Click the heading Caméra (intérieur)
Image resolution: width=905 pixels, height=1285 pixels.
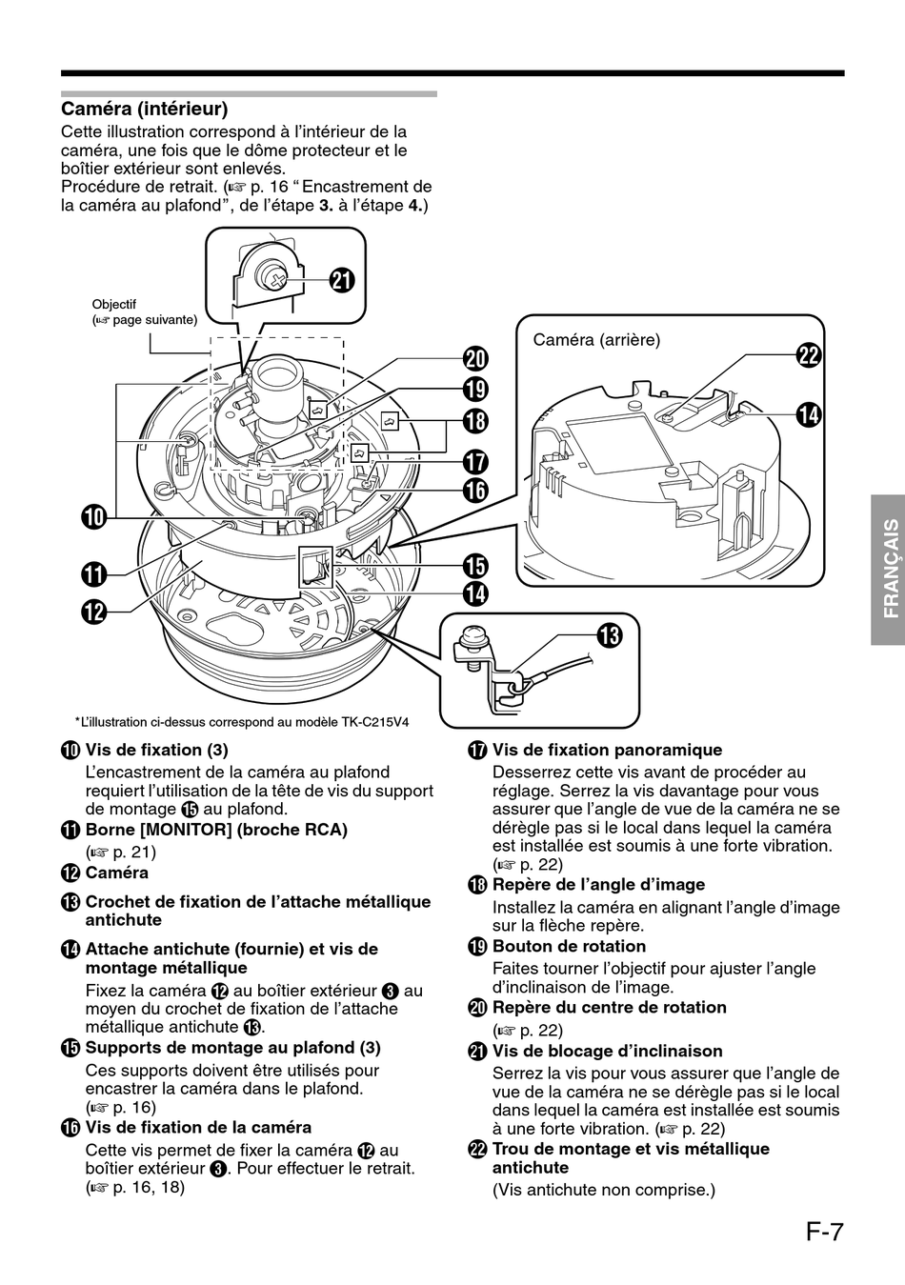point(144,110)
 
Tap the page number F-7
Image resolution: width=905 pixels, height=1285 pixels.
point(823,1232)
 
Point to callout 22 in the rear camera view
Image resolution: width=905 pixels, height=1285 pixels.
point(809,355)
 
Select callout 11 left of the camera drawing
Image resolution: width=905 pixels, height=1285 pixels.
point(92,574)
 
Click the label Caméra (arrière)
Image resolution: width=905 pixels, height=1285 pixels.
point(596,339)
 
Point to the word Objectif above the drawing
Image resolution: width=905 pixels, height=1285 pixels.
point(114,305)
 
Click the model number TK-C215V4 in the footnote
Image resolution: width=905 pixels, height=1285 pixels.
point(374,721)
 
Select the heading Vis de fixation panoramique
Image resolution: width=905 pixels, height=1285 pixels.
point(607,750)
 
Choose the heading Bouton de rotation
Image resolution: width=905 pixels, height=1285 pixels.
point(569,946)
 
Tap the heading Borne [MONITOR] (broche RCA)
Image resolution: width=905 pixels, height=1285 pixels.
point(216,829)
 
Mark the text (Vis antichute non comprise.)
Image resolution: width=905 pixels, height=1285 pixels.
point(603,1189)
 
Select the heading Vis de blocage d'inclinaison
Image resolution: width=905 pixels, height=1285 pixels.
point(607,1051)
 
